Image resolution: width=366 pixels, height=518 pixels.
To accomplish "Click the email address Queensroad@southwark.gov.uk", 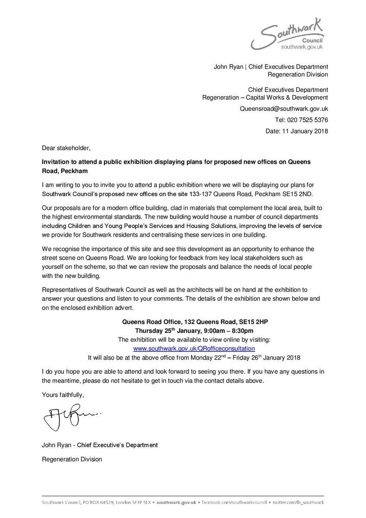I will pos(284,109).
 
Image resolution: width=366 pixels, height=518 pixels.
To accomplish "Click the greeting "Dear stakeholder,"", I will pos(66,148).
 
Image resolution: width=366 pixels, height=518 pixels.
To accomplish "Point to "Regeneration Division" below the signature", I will pos(72,459).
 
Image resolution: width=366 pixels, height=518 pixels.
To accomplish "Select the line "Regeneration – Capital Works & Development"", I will pos(265,98).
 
